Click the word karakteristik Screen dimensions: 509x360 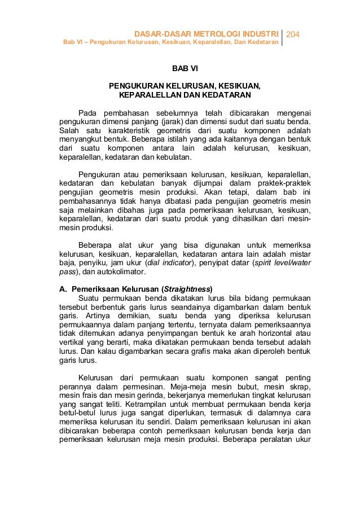(132, 131)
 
